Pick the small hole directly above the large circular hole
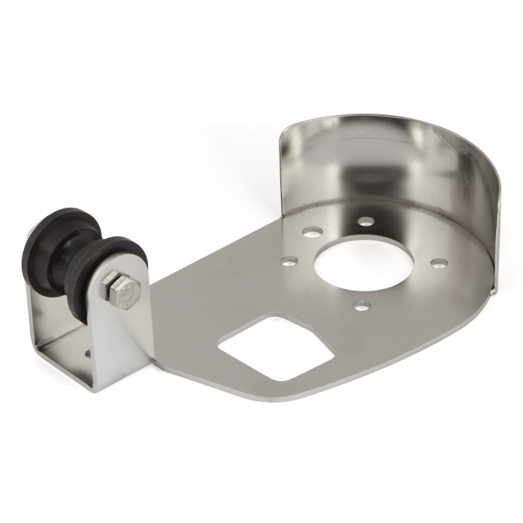click(x=365, y=221)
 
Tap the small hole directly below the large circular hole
click(x=362, y=306)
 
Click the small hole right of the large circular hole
click(x=439, y=263)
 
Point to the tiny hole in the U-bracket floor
click(x=88, y=350)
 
